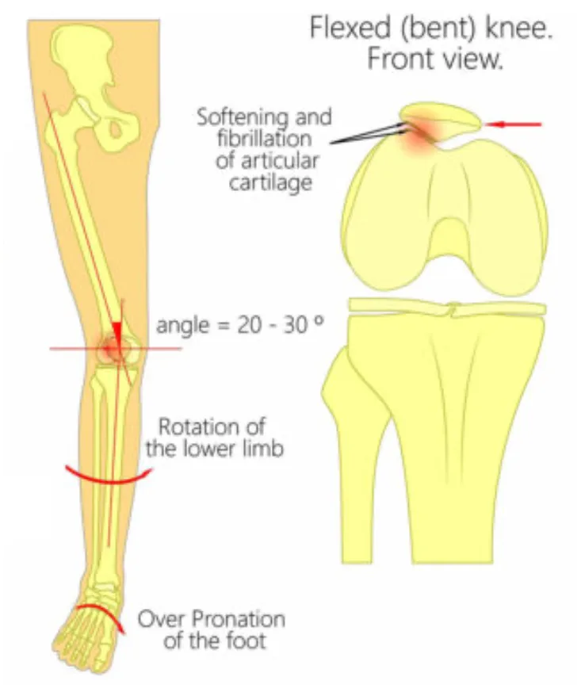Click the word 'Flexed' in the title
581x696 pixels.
pyautogui.click(x=350, y=28)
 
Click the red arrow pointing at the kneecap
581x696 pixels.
pyautogui.click(x=514, y=124)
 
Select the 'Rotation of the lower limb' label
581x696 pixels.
pyautogui.click(x=214, y=438)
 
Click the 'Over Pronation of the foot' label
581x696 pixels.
pyautogui.click(x=212, y=629)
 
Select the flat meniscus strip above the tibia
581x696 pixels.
pyautogui.click(x=447, y=307)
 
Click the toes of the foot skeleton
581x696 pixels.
pyautogui.click(x=81, y=644)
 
